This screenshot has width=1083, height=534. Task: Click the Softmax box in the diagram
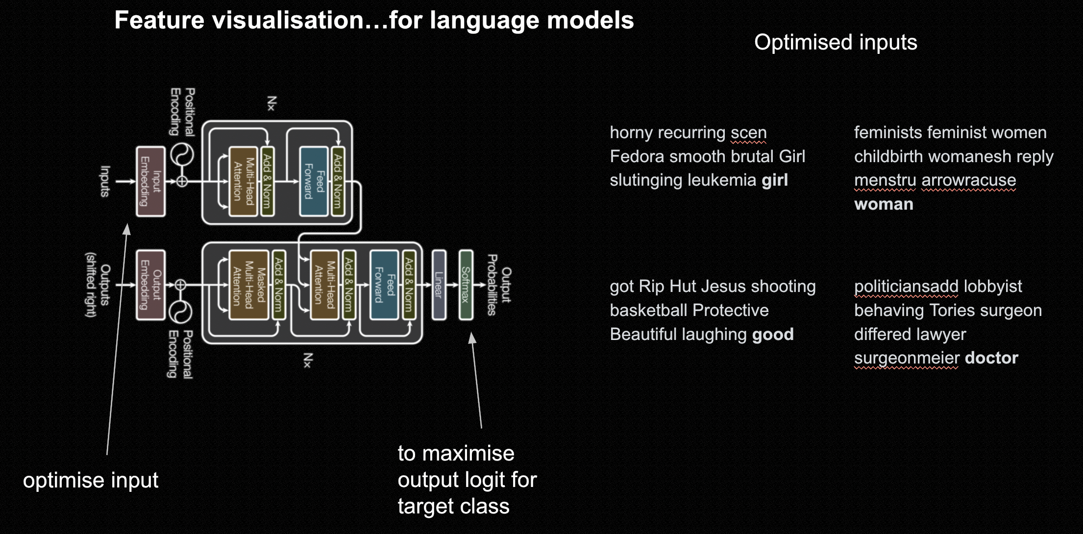tap(466, 285)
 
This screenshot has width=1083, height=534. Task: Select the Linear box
tap(439, 285)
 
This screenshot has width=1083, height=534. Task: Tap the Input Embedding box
tap(150, 181)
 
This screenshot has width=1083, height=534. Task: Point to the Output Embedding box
tap(150, 285)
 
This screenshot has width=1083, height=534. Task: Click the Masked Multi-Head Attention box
tap(248, 285)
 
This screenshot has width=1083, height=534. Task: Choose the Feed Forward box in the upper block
tap(314, 181)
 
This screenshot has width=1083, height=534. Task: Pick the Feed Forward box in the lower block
tap(384, 285)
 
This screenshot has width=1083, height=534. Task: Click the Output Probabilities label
tap(499, 285)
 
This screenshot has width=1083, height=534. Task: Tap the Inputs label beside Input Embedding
tap(105, 181)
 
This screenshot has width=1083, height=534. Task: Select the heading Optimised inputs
tap(836, 42)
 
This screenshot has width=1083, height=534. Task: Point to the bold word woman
tap(884, 204)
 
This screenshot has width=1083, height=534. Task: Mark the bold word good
tap(773, 334)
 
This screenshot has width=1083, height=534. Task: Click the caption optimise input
tap(91, 480)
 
